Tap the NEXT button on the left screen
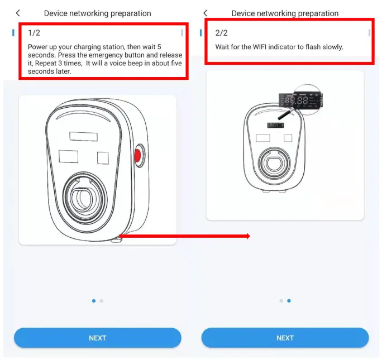[x=97, y=338]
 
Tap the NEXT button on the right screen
[x=285, y=338]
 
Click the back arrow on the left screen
[x=18, y=13]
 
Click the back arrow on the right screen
[x=205, y=13]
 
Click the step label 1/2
[x=34, y=33]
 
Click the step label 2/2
[x=221, y=33]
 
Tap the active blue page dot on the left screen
[x=93, y=301]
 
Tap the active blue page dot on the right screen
[x=288, y=301]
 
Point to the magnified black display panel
[x=297, y=101]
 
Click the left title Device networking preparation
[x=97, y=13]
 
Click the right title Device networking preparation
[x=285, y=13]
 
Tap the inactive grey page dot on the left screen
[x=101, y=301]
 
